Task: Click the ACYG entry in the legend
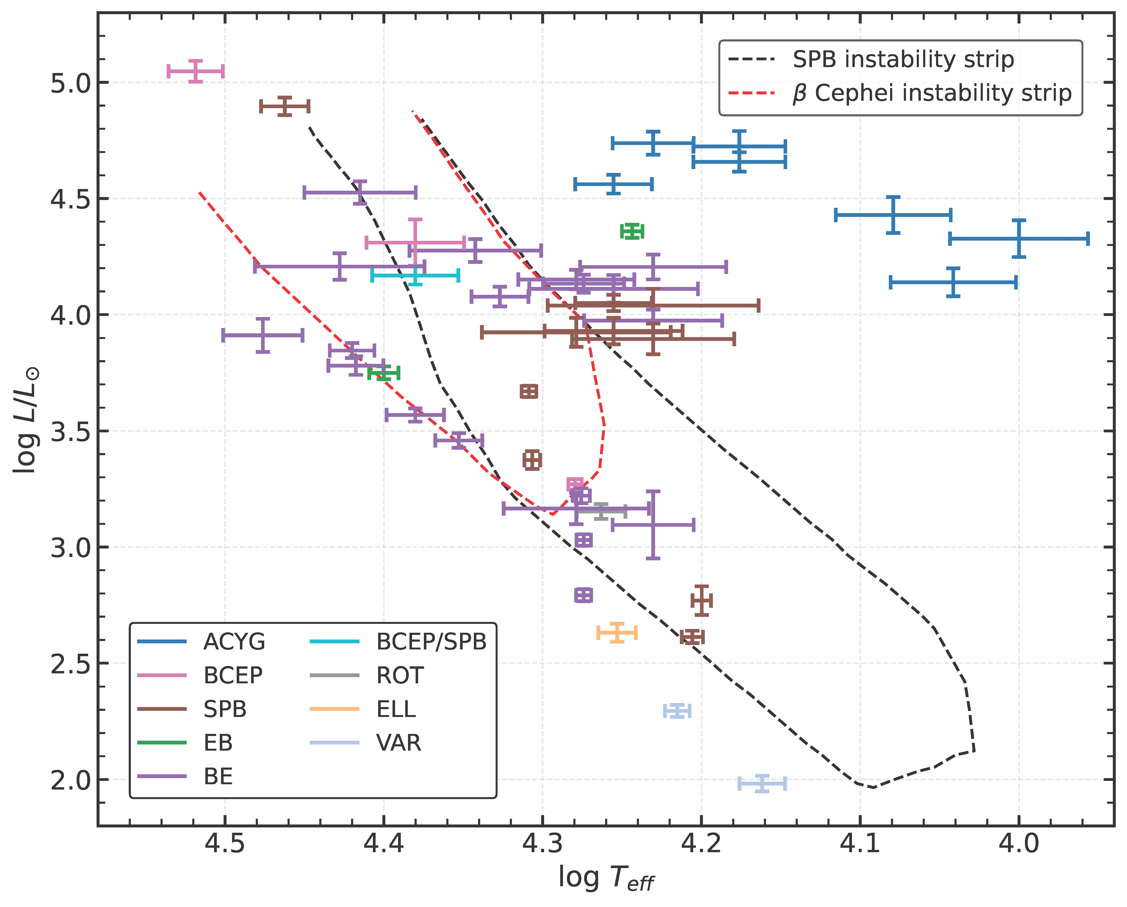[x=234, y=642]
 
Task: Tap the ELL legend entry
[x=396, y=709]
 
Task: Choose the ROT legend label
[x=400, y=675]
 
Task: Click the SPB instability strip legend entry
[x=903, y=59]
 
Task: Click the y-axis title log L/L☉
[x=26, y=420]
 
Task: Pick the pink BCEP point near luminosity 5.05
[x=195, y=71]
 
